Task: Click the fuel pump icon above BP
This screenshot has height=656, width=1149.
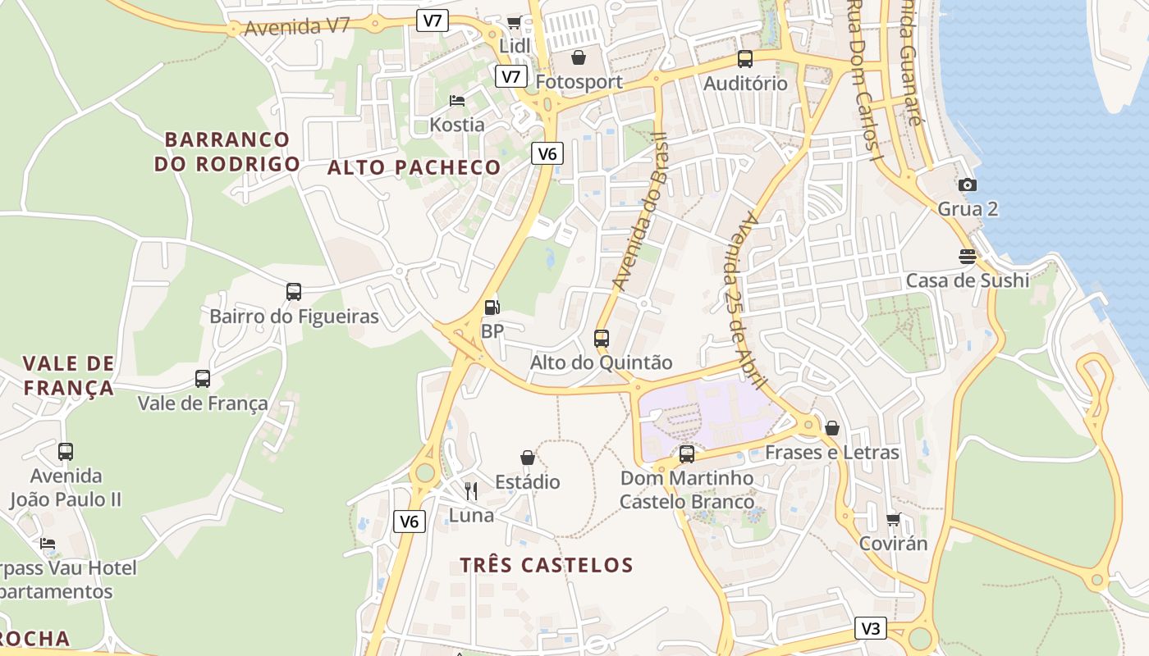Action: coord(492,307)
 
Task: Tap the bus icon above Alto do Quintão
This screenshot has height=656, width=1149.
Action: coord(602,338)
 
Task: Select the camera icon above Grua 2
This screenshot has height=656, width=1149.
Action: coord(968,184)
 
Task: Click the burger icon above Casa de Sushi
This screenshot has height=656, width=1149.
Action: coord(968,257)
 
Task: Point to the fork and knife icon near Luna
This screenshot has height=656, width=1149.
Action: coord(471,490)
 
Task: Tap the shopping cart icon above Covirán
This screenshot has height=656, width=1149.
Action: coord(894,519)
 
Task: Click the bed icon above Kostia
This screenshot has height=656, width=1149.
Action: coord(457,101)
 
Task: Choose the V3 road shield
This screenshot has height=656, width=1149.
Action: coord(870,628)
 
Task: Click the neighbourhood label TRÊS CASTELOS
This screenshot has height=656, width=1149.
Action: coord(547,565)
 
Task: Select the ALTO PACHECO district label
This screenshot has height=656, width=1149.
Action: coord(414,167)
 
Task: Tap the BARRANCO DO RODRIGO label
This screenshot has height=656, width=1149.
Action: coord(227,152)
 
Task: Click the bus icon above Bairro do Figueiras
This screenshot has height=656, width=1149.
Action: coord(293,291)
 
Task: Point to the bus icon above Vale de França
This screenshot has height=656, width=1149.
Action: coord(202,378)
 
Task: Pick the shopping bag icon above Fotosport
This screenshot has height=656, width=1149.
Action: coord(579,57)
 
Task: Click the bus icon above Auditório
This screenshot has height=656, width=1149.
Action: coord(745,59)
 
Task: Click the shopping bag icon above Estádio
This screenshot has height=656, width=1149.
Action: coord(528,457)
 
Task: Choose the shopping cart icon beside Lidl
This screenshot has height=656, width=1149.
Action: coord(515,22)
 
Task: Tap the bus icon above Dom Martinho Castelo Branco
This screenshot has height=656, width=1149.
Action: coord(687,453)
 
